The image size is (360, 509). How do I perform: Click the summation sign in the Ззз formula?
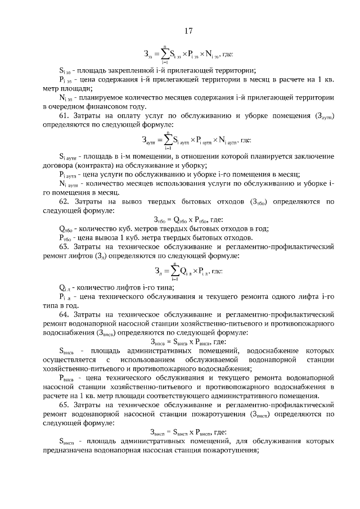(165, 55)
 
